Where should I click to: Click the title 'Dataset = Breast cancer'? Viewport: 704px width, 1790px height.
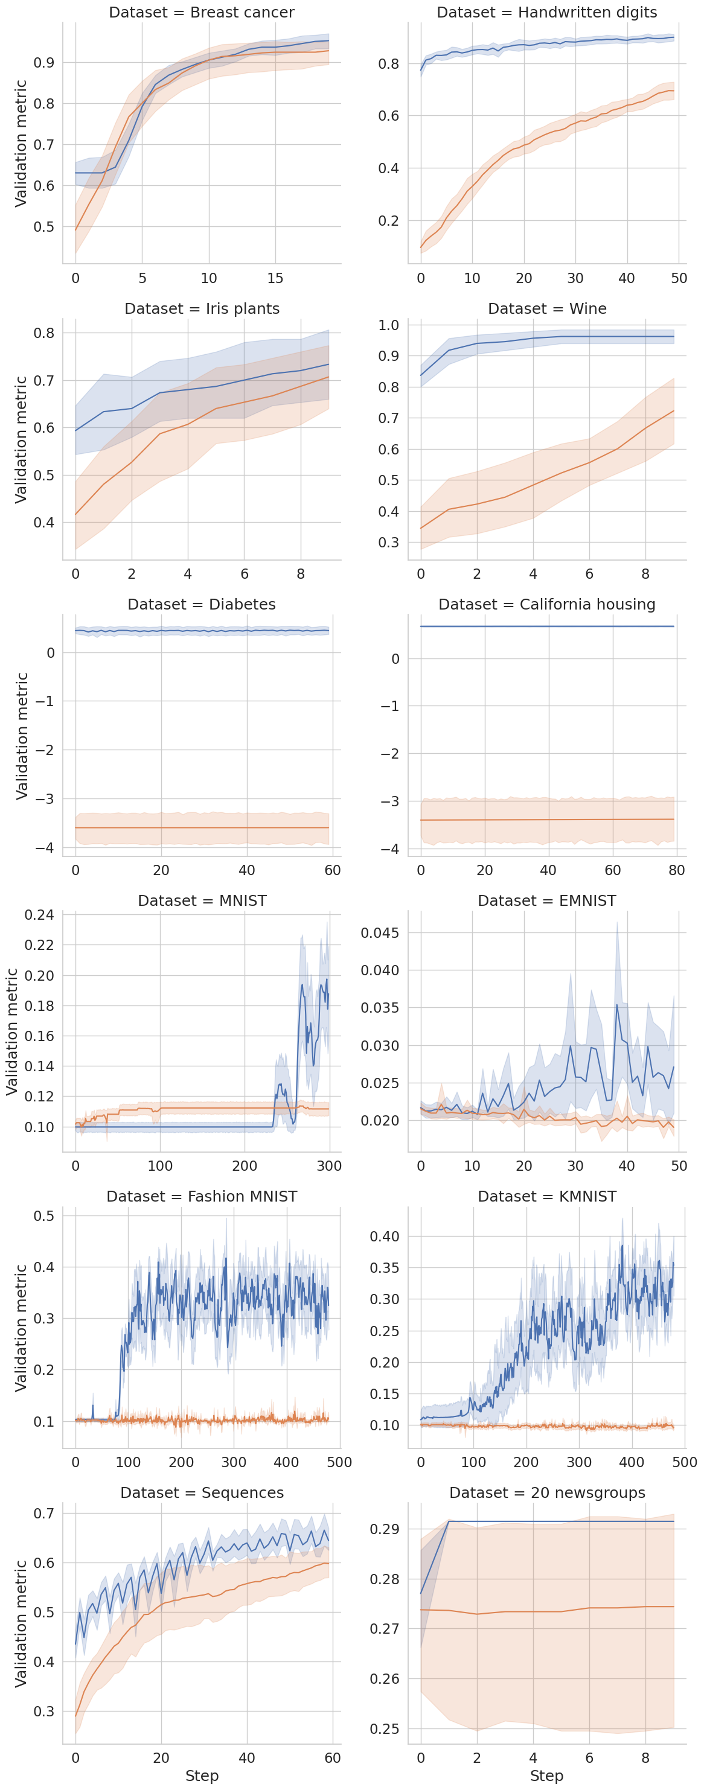tap(202, 13)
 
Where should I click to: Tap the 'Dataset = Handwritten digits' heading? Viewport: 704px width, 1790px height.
tap(546, 13)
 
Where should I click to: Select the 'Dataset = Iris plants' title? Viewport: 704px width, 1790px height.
tap(202, 308)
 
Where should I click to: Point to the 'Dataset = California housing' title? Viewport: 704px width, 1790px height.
tap(546, 605)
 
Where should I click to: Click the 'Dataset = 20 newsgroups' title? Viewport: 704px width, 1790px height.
tap(546, 1492)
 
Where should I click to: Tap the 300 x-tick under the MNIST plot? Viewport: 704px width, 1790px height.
tap(328, 1166)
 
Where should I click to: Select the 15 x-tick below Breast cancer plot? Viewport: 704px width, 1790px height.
tap(275, 278)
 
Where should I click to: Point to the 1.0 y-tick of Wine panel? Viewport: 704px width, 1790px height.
tap(388, 325)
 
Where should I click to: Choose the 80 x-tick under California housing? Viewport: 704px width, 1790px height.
tap(676, 870)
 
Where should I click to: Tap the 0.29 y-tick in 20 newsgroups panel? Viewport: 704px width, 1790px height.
tap(385, 1529)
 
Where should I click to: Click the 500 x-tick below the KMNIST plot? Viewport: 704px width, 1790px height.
tap(684, 1462)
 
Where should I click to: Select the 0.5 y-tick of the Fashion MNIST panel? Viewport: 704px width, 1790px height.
tap(44, 1216)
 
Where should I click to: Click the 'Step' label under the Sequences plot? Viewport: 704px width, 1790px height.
tap(202, 1776)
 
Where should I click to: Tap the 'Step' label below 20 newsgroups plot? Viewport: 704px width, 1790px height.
tap(546, 1776)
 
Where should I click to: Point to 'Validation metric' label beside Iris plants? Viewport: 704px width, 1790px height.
tap(21, 439)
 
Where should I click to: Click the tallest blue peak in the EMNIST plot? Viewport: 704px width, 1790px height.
tap(616, 1005)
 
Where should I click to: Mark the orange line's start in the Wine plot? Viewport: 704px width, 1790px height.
tap(420, 529)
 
